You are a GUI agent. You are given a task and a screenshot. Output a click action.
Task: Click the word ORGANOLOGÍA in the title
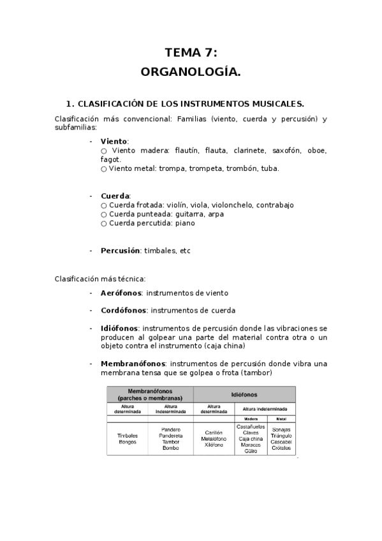[191, 73]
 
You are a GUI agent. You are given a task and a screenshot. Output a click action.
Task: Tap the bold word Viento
[114, 141]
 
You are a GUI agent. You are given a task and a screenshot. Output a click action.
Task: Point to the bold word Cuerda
[115, 196]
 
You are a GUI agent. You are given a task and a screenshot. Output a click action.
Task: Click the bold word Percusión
[120, 251]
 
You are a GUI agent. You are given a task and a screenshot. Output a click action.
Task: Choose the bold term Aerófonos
[121, 293]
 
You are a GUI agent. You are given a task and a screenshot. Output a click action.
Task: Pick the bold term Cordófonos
[123, 311]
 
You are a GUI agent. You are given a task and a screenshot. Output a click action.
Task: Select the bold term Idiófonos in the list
[119, 329]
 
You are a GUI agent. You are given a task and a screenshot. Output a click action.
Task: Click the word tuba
[270, 168]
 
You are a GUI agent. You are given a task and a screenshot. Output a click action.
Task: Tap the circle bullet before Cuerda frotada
[104, 205]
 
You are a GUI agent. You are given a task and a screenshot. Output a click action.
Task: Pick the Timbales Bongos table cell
[127, 439]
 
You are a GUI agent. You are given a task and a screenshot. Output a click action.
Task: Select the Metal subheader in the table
[281, 419]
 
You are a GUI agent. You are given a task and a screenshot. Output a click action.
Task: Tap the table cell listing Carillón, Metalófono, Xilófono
[214, 439]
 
